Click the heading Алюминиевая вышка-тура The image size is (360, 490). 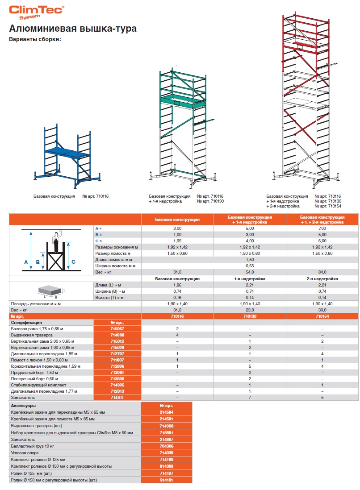[73, 29]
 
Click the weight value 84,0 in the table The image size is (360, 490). [323, 272]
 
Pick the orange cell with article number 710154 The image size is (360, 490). [323, 316]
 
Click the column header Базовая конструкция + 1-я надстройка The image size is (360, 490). [250, 219]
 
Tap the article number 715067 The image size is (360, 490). [117, 328]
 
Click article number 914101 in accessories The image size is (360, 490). [166, 480]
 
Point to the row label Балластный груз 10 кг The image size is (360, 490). [33, 446]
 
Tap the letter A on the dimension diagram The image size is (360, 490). [26, 262]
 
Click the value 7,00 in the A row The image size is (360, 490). [323, 228]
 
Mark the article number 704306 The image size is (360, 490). [166, 446]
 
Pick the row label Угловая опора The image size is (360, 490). [25, 453]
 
